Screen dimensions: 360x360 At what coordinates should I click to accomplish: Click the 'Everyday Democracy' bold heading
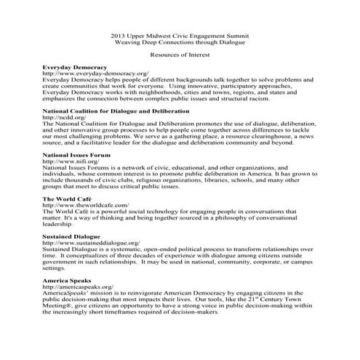point(75,67)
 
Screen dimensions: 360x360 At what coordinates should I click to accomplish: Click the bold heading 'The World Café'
point(67,199)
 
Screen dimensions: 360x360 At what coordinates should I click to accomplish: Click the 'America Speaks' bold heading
point(68,280)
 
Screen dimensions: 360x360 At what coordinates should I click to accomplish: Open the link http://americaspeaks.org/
point(78,287)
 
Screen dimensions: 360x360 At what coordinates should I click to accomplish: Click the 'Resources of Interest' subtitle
point(180,55)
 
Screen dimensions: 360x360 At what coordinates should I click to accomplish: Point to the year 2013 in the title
point(119,35)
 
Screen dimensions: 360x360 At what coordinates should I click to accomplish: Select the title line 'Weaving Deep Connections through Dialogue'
point(180,42)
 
